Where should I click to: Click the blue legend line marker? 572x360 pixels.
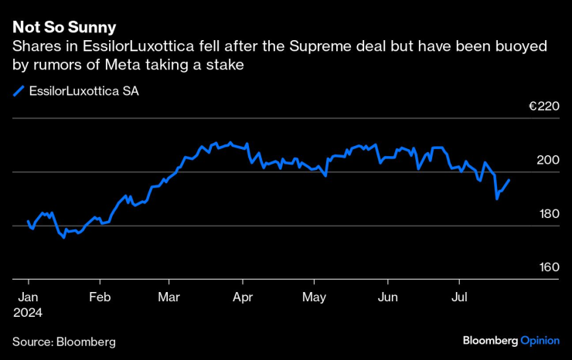point(19,90)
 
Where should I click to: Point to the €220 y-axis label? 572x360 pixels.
point(543,107)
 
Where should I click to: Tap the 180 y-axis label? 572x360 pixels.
point(548,213)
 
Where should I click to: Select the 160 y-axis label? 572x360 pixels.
point(548,267)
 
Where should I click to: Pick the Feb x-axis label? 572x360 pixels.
point(100,297)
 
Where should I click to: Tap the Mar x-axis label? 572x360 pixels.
point(169,297)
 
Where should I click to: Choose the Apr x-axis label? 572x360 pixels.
point(243,297)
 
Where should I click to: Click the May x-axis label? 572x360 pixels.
point(314,297)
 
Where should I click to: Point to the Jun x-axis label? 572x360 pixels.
point(388,297)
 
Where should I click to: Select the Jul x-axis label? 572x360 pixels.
point(460,297)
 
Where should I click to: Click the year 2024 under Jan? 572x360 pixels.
point(27,313)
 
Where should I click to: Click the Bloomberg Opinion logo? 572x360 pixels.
point(510,340)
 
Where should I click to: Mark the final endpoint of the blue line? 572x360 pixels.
point(509,180)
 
